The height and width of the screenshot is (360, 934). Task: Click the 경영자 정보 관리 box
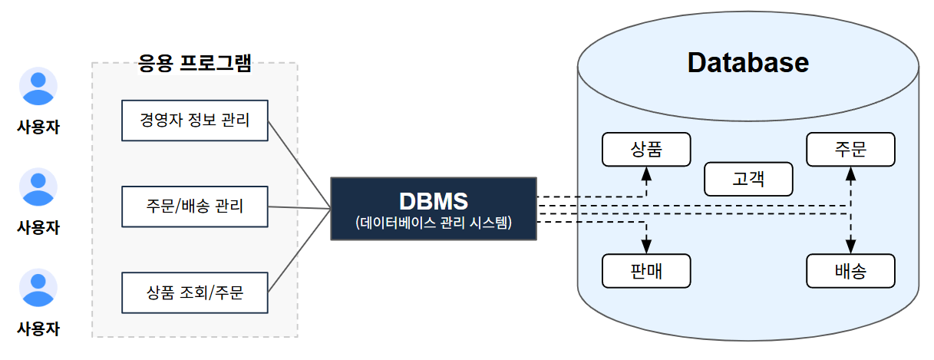195,121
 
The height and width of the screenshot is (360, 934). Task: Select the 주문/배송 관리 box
195,206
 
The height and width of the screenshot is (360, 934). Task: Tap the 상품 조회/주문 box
195,292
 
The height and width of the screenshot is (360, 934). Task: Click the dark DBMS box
433,209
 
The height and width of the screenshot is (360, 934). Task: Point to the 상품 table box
646,150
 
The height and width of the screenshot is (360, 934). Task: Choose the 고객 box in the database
748,179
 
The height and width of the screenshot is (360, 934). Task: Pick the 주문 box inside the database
850,150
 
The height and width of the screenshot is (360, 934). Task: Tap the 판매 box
646,271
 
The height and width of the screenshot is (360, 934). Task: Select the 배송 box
850,271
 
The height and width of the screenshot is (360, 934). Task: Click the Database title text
748,62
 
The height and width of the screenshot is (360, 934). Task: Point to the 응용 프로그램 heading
195,63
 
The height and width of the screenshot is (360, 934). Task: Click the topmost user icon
38,87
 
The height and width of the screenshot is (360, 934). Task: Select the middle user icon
38,187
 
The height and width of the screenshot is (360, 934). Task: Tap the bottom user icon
38,288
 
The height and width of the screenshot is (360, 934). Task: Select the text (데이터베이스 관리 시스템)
433,223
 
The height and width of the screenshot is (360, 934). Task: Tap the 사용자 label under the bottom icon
38,329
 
